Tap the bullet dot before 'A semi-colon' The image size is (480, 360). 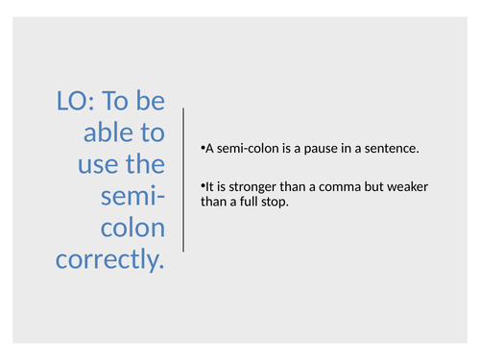pos(204,150)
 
